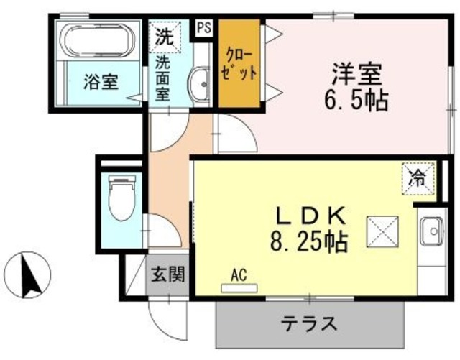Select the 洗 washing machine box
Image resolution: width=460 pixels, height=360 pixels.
pyautogui.click(x=162, y=36)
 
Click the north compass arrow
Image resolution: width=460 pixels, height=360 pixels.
pyautogui.click(x=29, y=275)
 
